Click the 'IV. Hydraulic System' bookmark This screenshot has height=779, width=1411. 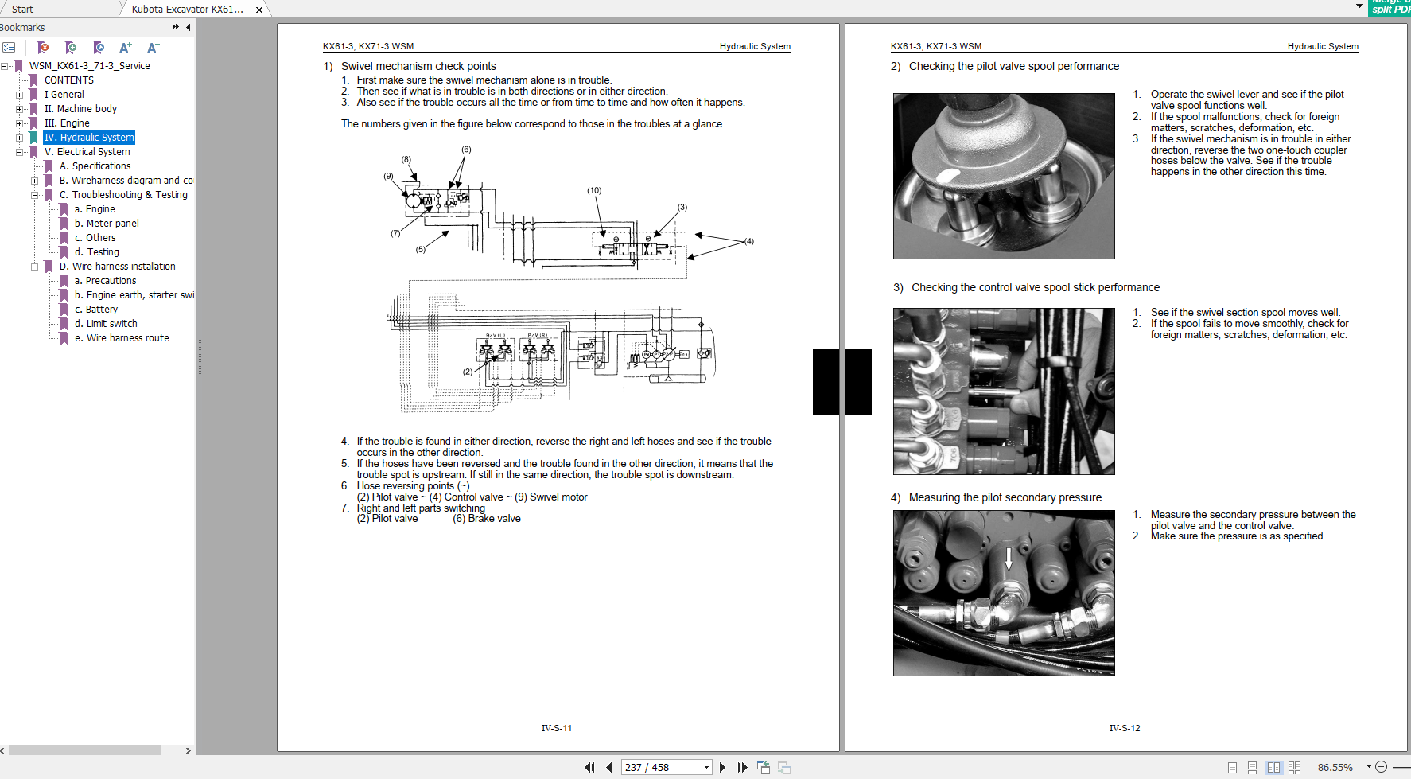coord(89,138)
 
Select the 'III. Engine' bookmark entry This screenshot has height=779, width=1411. coord(67,123)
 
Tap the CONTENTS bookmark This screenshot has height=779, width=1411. coord(68,80)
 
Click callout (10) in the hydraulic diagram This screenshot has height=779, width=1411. coord(594,191)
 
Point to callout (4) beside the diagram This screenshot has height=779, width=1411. coord(748,241)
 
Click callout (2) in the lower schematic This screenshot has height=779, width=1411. coord(468,372)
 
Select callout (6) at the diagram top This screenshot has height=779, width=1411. coord(466,150)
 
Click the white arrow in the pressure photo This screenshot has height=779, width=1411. coord(1009,558)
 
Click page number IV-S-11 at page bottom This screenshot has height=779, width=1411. coord(556,728)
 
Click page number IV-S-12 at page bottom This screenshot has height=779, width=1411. coord(1124,728)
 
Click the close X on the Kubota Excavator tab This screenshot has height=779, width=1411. coord(259,10)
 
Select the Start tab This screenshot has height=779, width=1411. coord(22,10)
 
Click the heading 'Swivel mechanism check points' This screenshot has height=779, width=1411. coord(418,67)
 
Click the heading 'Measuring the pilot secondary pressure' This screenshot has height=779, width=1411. coord(1005,498)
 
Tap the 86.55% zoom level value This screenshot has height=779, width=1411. coord(1335,768)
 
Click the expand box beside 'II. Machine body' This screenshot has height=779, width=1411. coord(20,109)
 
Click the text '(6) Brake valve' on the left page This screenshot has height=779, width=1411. coord(486,519)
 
